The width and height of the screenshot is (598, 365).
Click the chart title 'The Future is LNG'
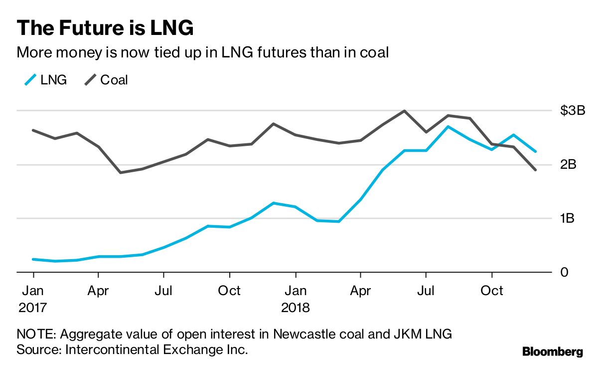105,28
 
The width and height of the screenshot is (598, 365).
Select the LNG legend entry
45,80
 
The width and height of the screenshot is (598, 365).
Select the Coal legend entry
106,80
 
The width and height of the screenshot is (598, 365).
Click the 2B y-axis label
568,165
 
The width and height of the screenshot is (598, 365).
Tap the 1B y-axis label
568,219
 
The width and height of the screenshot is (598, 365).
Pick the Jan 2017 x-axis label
33,299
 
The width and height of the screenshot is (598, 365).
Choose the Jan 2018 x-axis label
296,299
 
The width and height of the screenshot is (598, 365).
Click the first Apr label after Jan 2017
98,291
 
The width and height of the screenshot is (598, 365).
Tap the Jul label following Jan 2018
426,291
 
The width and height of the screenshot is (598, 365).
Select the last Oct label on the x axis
492,291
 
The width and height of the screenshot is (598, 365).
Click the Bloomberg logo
552,352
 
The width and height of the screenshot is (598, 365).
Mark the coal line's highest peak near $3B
404,111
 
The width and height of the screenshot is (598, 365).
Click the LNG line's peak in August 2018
448,127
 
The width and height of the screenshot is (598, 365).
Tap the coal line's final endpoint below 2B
536,170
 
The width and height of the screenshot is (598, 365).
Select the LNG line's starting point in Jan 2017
33,259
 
